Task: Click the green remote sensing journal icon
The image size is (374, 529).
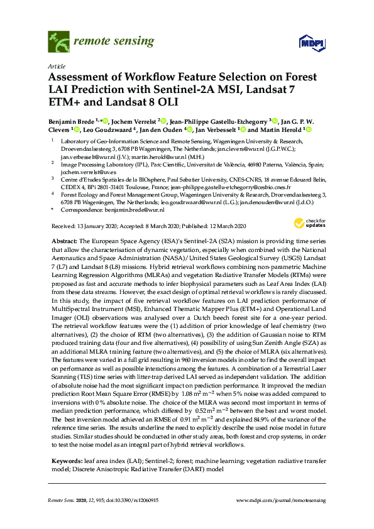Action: [58, 43]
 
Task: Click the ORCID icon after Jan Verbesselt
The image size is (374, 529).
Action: [241, 130]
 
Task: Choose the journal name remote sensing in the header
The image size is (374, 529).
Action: [114, 42]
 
